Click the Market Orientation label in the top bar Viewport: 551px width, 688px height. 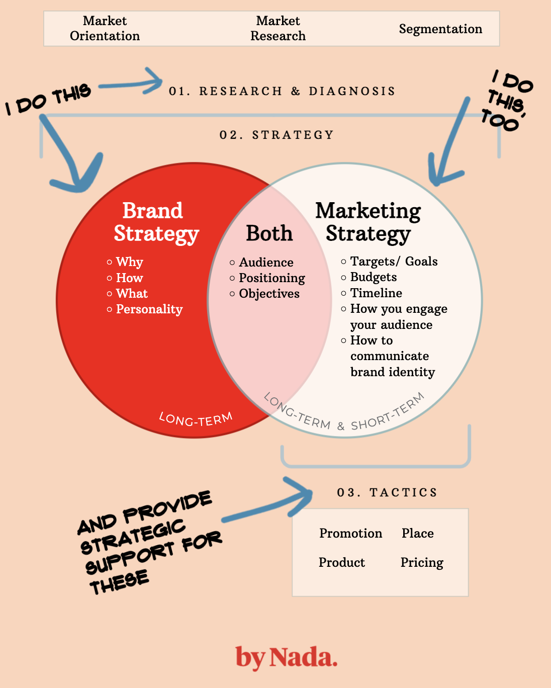click(105, 29)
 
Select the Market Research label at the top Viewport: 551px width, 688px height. click(278, 29)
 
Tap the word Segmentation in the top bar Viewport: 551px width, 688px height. click(440, 29)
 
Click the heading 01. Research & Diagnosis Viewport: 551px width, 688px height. click(282, 91)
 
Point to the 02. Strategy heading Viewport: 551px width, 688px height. click(277, 135)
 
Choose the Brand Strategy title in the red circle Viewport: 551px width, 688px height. click(156, 222)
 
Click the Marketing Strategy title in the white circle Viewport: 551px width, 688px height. click(368, 222)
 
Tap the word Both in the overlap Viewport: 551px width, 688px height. click(269, 233)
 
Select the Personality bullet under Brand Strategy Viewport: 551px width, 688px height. click(149, 309)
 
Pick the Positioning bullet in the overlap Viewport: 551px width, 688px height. click(271, 278)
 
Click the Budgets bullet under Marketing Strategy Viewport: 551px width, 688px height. click(373, 277)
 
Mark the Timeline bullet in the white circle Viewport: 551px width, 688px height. click(376, 293)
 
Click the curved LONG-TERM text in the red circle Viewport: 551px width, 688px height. click(196, 419)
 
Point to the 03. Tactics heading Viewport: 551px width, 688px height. click(387, 492)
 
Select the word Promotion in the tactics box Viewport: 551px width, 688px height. click(350, 533)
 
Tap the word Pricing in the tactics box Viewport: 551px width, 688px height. click(422, 563)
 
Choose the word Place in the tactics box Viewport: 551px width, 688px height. click(417, 533)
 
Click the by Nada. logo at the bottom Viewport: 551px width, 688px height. click(286, 658)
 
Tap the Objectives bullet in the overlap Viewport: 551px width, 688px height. click(269, 294)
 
